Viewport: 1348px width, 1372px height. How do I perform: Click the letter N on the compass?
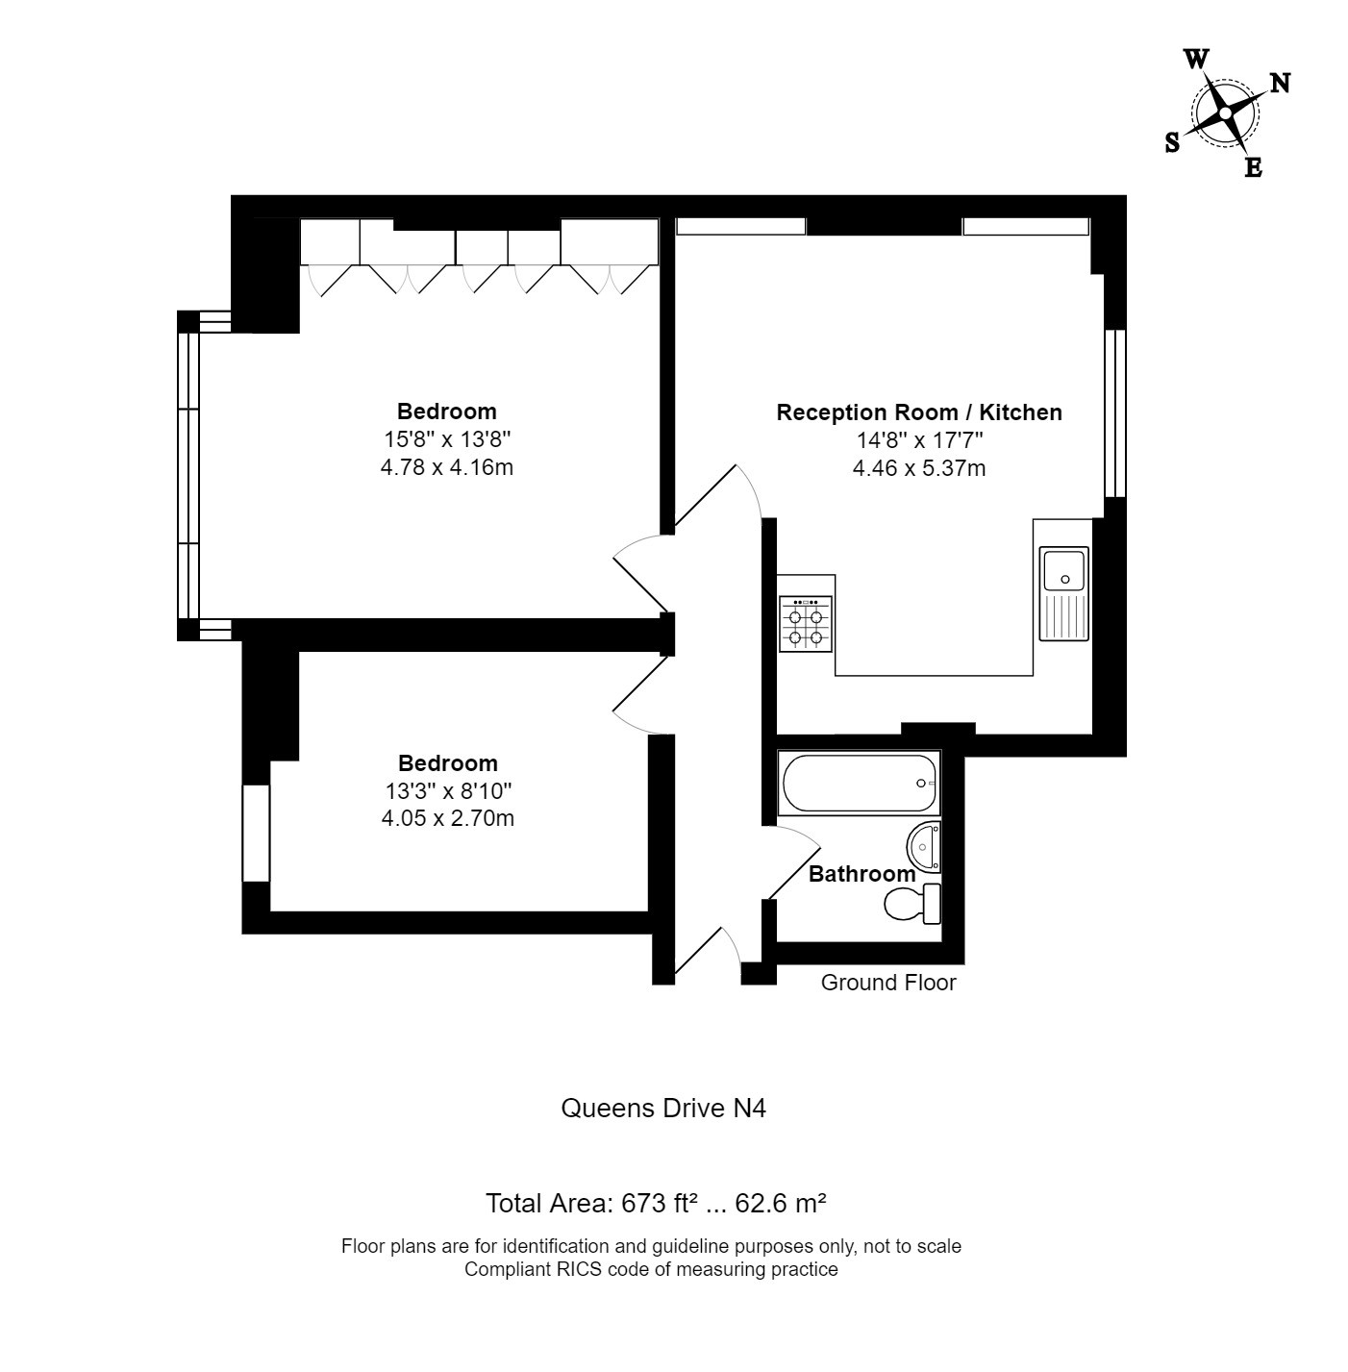tap(1280, 84)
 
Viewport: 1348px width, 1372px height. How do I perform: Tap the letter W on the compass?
tap(1196, 59)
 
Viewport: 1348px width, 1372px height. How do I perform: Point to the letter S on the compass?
tap(1172, 143)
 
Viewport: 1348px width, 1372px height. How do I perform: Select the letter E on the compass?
tap(1253, 168)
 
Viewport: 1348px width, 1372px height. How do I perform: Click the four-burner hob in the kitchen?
tap(806, 624)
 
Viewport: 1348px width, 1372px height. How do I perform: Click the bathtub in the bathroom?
tap(859, 783)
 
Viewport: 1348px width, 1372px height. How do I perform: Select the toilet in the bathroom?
tap(912, 904)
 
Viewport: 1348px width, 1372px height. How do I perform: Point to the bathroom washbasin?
tap(924, 846)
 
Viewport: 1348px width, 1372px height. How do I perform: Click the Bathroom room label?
tap(861, 874)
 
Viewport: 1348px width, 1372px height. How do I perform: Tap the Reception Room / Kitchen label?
tap(918, 412)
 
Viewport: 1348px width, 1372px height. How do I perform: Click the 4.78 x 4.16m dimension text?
tap(446, 467)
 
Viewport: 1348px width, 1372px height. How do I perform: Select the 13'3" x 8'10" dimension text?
tap(448, 790)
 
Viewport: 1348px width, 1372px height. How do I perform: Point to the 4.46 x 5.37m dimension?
tap(918, 468)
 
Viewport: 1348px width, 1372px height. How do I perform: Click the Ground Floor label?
tap(888, 983)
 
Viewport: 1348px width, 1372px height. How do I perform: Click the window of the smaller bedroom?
tap(257, 833)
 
